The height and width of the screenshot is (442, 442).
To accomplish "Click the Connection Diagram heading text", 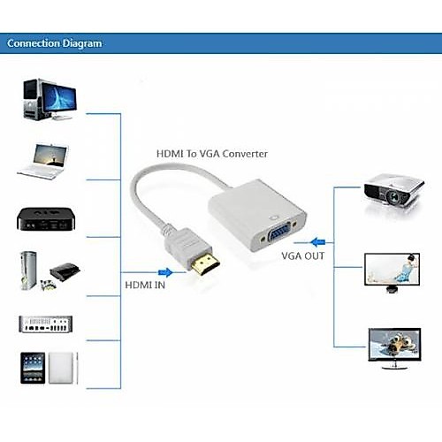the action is [55, 43].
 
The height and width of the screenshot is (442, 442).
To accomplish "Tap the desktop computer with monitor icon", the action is [50, 99].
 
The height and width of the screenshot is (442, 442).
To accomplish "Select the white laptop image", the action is [43, 162].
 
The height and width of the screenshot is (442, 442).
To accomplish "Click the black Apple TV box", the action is [46, 219].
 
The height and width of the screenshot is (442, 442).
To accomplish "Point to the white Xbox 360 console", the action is [28, 271].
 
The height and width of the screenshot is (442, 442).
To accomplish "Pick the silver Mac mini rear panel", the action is [46, 324].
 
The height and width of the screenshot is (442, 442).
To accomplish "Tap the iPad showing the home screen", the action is [33, 368].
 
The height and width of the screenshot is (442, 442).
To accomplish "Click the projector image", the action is [393, 192].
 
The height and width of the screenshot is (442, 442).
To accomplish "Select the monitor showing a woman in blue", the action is [392, 272].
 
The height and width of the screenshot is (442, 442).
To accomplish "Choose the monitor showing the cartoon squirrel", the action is [394, 348].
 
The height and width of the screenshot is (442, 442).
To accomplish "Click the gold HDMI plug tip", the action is [205, 263].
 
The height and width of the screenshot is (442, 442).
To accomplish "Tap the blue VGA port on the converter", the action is [278, 233].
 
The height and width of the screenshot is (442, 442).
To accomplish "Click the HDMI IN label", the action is [145, 285].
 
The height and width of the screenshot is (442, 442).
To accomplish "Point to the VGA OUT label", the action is [303, 255].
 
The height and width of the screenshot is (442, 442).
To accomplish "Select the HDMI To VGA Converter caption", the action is [212, 154].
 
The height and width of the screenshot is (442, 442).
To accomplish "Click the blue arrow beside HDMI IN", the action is [165, 272].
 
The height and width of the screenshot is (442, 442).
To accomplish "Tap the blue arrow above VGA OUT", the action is [318, 242].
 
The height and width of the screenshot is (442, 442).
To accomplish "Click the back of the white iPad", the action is [61, 368].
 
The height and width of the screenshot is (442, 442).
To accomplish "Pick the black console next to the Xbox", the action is [65, 271].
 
